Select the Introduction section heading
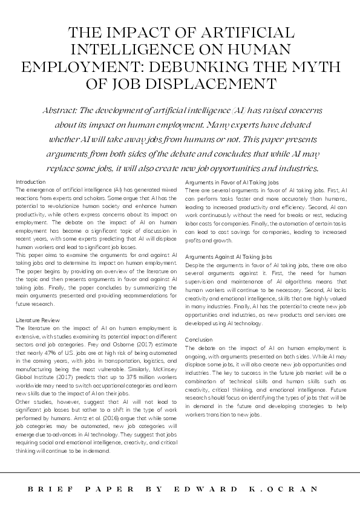click(x=30, y=182)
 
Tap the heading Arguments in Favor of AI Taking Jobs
click(x=232, y=182)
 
